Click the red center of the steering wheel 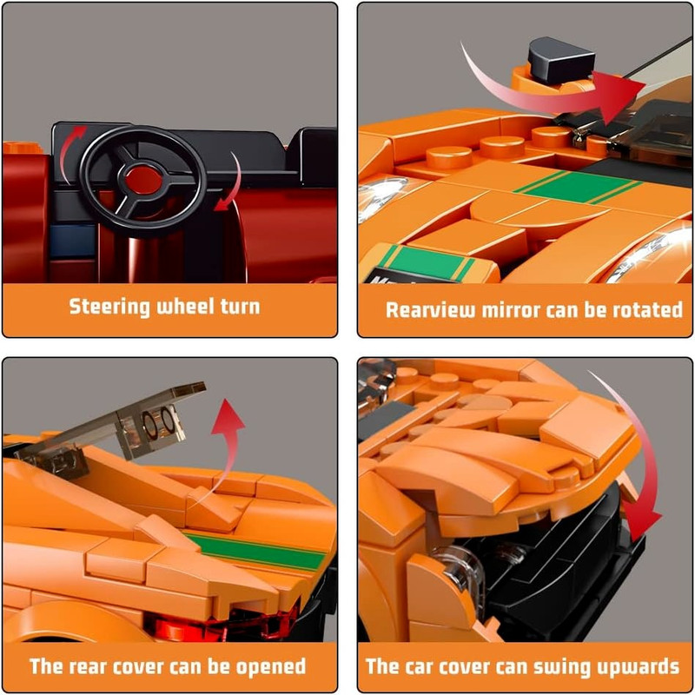pyautogui.click(x=143, y=180)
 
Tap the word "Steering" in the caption pyautogui.click(x=109, y=307)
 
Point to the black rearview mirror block pyautogui.click(x=559, y=59)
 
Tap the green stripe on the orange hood pyautogui.click(x=578, y=187)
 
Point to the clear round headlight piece pyautogui.click(x=461, y=571)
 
